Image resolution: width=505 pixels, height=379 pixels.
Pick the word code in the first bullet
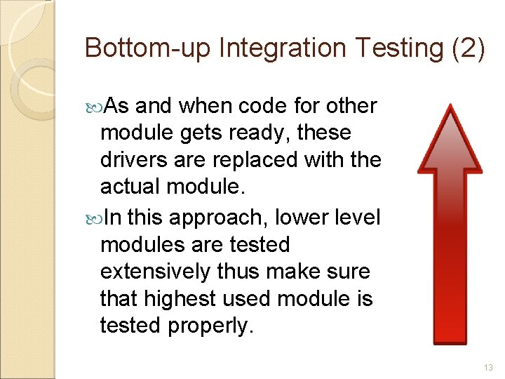(262, 106)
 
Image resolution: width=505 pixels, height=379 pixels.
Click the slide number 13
(488, 367)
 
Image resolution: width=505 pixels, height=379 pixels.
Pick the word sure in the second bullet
(344, 272)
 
